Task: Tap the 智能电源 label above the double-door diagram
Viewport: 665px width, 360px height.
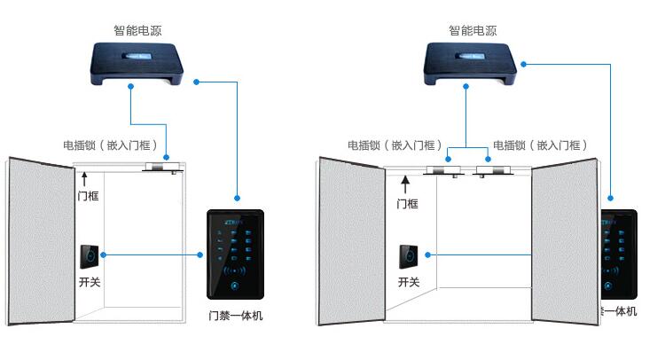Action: click(x=473, y=30)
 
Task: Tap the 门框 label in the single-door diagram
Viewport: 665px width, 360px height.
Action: click(x=87, y=196)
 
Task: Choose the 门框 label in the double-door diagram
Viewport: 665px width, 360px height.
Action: click(x=406, y=203)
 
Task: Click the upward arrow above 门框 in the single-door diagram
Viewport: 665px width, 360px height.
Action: click(x=85, y=179)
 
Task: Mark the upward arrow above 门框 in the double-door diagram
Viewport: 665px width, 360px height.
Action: click(x=406, y=184)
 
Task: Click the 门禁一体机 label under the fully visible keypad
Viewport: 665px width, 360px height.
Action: click(x=235, y=315)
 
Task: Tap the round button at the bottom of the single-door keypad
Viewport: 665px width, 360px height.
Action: click(x=235, y=286)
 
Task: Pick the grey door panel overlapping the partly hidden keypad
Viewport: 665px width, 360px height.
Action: click(x=565, y=244)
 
